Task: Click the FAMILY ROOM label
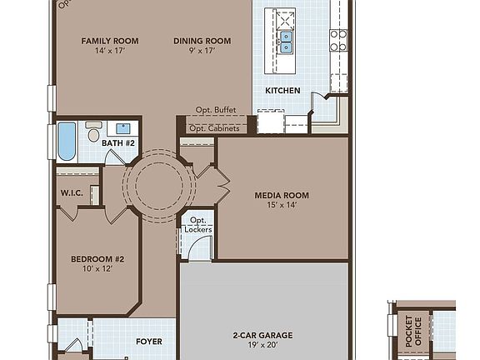109,41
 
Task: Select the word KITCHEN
282,90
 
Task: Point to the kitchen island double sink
286,42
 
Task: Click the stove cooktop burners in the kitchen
337,40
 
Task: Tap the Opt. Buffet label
216,110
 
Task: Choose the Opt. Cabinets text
214,128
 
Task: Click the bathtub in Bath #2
67,142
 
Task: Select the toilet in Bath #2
93,132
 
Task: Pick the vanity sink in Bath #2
123,128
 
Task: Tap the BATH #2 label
117,143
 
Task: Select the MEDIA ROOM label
282,196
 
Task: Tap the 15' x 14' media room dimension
282,207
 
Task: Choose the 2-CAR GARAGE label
262,336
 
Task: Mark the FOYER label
149,342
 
